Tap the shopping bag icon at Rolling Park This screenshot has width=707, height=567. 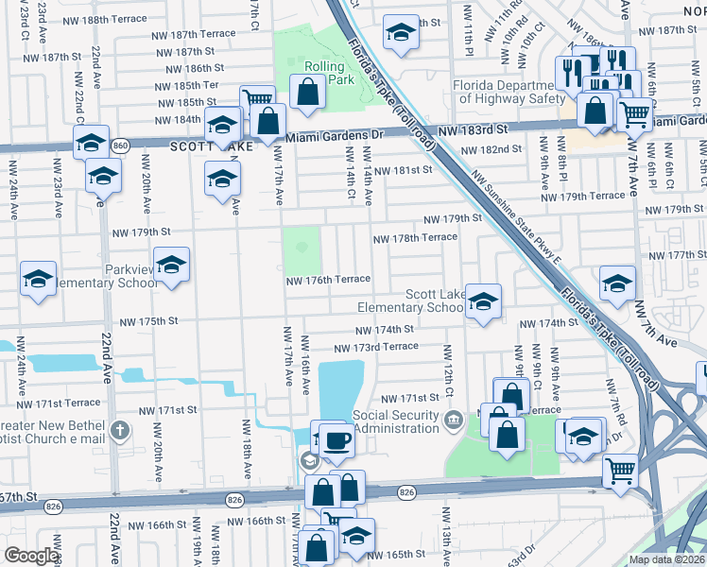[x=307, y=93]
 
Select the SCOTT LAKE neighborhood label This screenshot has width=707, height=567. [x=198, y=147]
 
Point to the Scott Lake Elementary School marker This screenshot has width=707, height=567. [x=483, y=301]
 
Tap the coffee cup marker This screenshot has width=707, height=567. [x=336, y=439]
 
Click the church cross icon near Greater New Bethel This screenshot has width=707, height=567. [x=119, y=431]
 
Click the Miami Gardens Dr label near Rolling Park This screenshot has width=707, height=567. [x=330, y=138]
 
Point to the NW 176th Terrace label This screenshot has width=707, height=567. [x=328, y=280]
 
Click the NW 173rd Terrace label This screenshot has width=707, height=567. [x=386, y=347]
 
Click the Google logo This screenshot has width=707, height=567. [x=30, y=556]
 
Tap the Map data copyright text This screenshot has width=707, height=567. [x=666, y=559]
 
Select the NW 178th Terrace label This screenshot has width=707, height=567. [x=415, y=238]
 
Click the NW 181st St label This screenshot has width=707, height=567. [x=402, y=171]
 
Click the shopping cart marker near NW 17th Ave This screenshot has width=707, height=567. [x=257, y=100]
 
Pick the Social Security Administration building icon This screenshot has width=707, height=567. [x=453, y=420]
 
